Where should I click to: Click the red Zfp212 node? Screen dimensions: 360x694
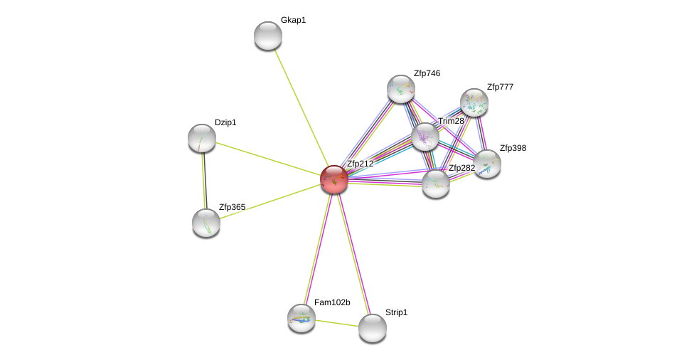click(333, 179)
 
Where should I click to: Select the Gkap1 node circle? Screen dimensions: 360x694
click(268, 36)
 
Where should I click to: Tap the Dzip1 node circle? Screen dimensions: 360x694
click(202, 138)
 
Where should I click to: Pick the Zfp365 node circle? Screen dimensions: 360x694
click(206, 223)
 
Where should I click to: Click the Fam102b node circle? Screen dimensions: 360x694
click(301, 318)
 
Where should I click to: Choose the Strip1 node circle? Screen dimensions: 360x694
click(372, 328)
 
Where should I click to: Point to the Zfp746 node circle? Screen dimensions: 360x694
click(401, 89)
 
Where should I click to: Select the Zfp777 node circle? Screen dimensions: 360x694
click(474, 102)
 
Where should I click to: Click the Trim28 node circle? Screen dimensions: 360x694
click(425, 137)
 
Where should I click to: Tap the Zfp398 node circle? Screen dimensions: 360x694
click(487, 164)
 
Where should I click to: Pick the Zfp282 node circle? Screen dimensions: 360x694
click(436, 184)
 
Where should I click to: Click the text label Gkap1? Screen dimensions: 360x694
click(293, 20)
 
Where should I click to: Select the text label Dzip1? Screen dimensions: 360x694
click(225, 122)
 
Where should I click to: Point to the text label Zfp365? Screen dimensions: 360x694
click(232, 207)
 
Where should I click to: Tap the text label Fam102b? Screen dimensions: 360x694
click(332, 302)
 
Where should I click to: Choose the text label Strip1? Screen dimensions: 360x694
click(396, 312)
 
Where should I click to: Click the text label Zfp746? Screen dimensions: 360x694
click(427, 73)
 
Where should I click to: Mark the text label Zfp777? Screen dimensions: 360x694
click(500, 87)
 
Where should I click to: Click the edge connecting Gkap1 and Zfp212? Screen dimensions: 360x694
click(301, 107)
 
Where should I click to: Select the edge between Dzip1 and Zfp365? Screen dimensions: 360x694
click(204, 181)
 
